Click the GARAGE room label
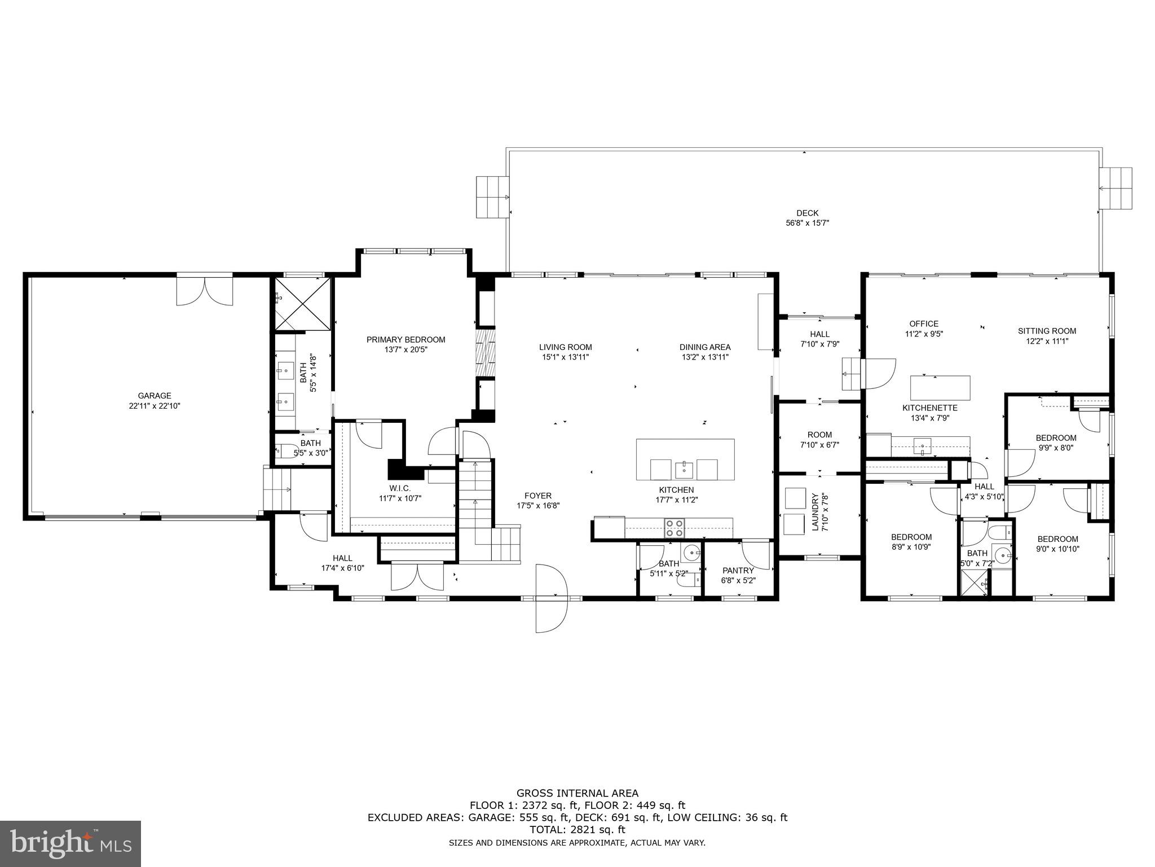click(x=154, y=396)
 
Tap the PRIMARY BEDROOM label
click(x=405, y=340)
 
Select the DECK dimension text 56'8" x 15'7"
click(x=807, y=223)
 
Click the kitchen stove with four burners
click(x=674, y=527)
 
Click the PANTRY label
click(x=738, y=571)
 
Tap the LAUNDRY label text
click(x=814, y=512)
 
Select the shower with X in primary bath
click(x=303, y=303)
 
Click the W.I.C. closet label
click(x=399, y=488)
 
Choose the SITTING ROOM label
click(x=1047, y=331)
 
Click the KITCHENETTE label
click(x=929, y=408)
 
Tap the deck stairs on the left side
click(x=492, y=197)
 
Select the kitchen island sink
click(x=684, y=468)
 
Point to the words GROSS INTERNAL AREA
click(x=577, y=794)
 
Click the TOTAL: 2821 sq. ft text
click(x=577, y=830)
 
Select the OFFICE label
click(x=923, y=324)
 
